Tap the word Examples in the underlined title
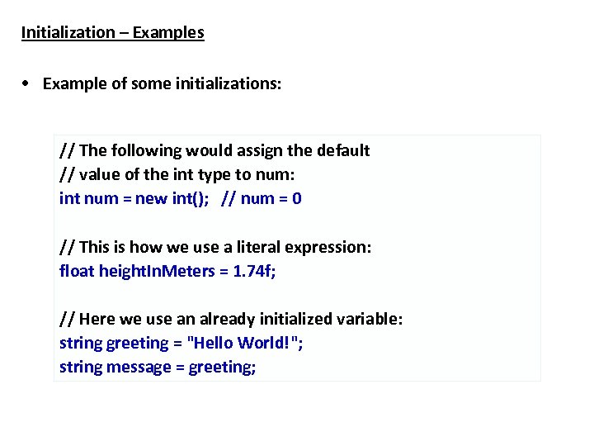point(167,33)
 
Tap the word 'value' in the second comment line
point(102,175)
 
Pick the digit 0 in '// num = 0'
point(296,199)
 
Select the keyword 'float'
point(77,271)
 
